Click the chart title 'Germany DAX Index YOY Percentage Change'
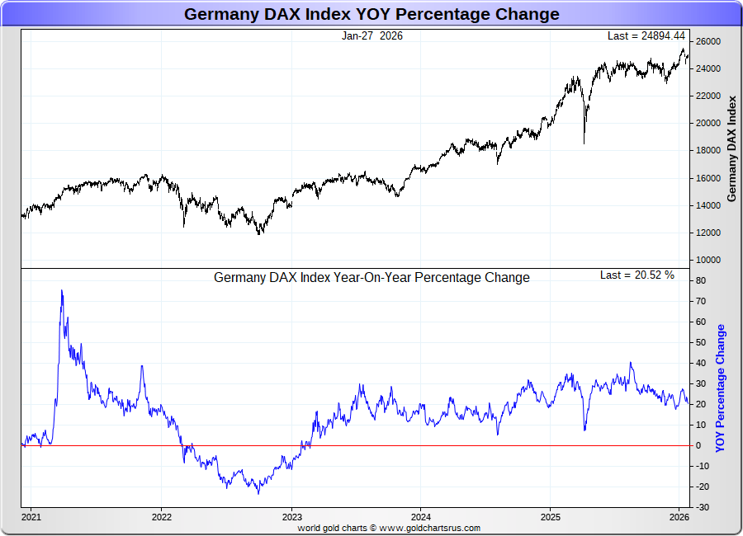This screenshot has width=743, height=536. [x=371, y=14]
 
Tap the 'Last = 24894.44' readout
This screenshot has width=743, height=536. [x=646, y=35]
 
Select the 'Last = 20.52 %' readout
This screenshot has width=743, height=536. [x=637, y=275]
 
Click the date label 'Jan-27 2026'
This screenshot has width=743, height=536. [x=371, y=35]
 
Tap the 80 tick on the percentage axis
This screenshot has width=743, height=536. [x=699, y=280]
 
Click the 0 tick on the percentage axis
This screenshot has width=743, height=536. [x=698, y=445]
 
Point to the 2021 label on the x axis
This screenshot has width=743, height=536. [x=31, y=517]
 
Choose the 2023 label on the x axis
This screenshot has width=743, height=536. [x=291, y=517]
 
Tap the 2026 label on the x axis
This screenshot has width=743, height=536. [x=679, y=517]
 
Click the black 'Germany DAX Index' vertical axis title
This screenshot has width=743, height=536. [x=731, y=148]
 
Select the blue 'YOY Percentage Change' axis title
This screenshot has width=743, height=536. [x=721, y=388]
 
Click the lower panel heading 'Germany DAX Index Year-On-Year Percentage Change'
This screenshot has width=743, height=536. [x=371, y=278]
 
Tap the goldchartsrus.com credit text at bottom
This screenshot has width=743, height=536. [x=388, y=528]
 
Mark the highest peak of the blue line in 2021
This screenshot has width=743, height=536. [x=62, y=290]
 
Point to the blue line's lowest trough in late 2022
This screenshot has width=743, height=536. [x=258, y=493]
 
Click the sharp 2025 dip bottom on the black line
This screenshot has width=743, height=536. [x=584, y=143]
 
